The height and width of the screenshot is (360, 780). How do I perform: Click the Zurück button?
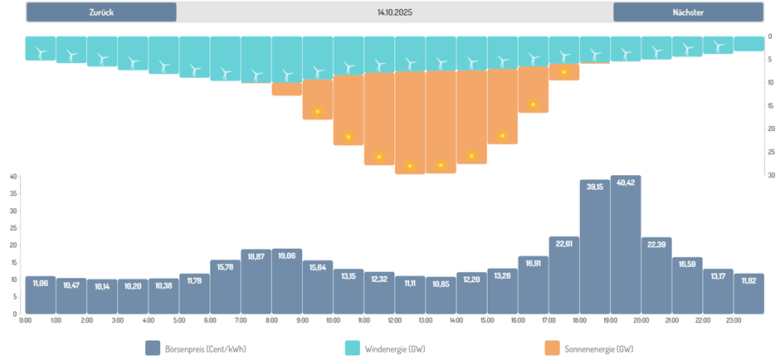click(x=101, y=12)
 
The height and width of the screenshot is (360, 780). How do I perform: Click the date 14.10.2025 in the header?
click(x=394, y=12)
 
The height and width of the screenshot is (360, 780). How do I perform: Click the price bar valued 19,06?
click(x=287, y=281)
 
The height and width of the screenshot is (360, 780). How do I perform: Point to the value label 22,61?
click(x=564, y=242)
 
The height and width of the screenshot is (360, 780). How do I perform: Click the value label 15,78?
click(x=225, y=265)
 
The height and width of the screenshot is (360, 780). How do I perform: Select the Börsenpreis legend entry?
click(x=195, y=348)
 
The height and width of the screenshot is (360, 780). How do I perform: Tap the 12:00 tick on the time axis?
click(x=394, y=320)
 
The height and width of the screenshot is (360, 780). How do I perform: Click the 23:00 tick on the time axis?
click(x=734, y=320)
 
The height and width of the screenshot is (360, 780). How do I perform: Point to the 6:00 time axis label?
click(x=209, y=320)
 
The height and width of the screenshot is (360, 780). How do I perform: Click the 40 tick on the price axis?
click(x=12, y=177)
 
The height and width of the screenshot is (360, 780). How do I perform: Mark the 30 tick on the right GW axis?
click(x=770, y=175)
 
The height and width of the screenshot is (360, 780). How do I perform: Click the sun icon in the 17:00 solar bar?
click(x=564, y=72)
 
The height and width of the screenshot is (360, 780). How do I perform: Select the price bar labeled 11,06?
click(x=41, y=295)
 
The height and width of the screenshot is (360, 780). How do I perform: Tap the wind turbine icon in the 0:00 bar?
click(x=41, y=52)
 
